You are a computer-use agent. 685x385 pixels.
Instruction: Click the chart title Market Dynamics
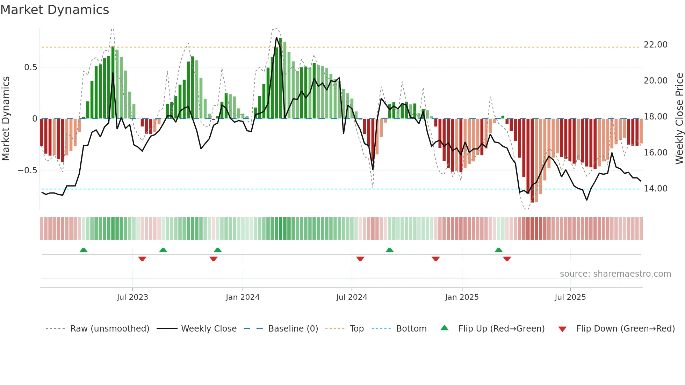tap(55, 10)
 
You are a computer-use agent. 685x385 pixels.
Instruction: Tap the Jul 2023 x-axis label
tap(132, 297)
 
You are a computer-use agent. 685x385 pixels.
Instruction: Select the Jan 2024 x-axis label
tap(243, 297)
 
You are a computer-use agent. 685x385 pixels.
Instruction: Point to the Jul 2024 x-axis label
tap(352, 297)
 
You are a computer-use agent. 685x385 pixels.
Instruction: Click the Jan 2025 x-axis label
tap(462, 297)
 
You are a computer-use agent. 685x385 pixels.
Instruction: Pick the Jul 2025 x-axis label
tap(570, 297)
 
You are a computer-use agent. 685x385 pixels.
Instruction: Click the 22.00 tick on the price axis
tap(655, 45)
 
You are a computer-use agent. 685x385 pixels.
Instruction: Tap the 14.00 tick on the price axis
tap(655, 189)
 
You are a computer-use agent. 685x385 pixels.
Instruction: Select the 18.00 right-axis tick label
tap(655, 117)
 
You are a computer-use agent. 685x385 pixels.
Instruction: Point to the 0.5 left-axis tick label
tap(31, 67)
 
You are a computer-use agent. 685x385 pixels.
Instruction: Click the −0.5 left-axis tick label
tap(28, 170)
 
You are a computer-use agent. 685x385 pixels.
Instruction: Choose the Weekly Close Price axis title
tap(679, 118)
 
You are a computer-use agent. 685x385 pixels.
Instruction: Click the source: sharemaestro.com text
tap(615, 274)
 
